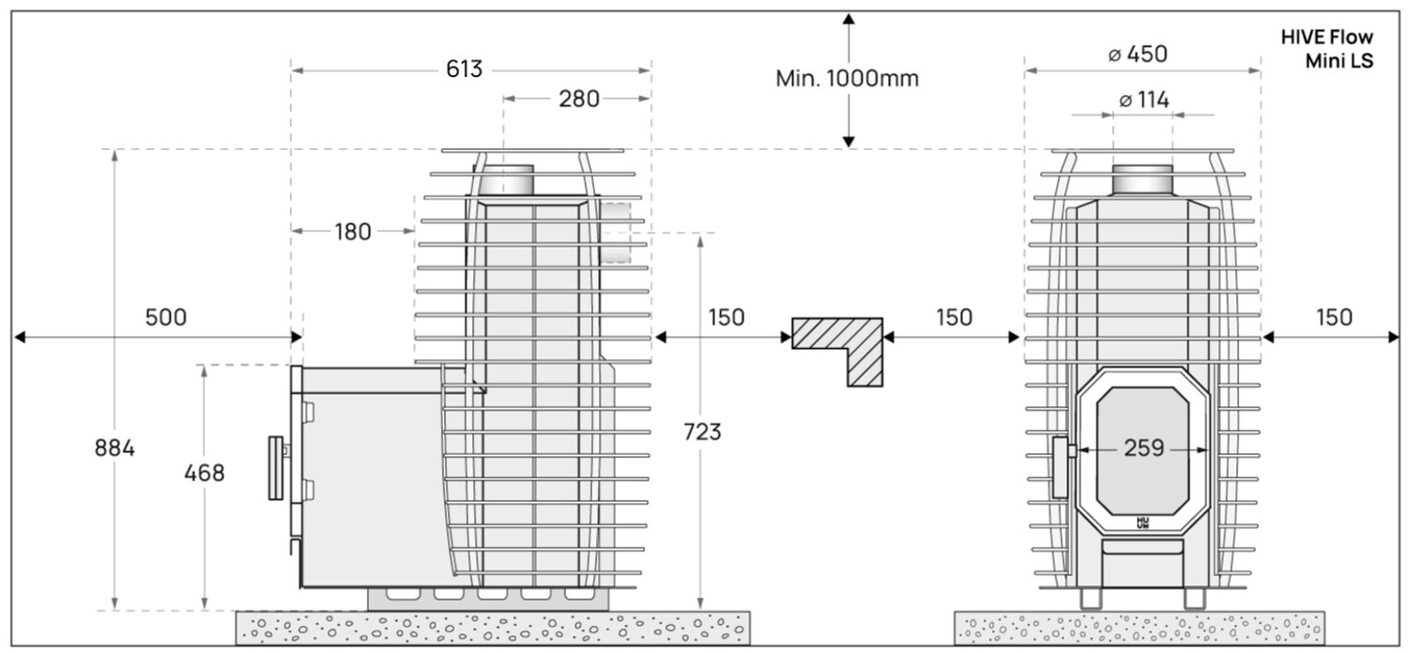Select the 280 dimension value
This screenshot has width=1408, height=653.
point(579,99)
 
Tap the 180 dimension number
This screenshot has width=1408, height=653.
point(353,231)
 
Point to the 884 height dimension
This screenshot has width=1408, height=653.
point(115,448)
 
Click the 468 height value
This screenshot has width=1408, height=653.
point(205,473)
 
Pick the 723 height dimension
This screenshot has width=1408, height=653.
point(701,432)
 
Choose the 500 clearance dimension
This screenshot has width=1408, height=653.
point(165,317)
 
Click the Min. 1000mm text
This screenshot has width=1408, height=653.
point(847,79)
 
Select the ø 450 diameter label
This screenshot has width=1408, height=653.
point(1138,54)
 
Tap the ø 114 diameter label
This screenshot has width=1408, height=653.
point(1144,100)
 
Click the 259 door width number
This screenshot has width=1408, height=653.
point(1143,448)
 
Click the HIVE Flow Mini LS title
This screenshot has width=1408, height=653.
point(1326,50)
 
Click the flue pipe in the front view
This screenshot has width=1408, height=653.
point(1142,178)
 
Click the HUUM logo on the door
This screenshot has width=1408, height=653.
point(1142,522)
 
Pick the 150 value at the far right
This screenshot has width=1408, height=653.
point(1334,317)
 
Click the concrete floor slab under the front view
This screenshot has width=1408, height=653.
point(1139,627)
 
